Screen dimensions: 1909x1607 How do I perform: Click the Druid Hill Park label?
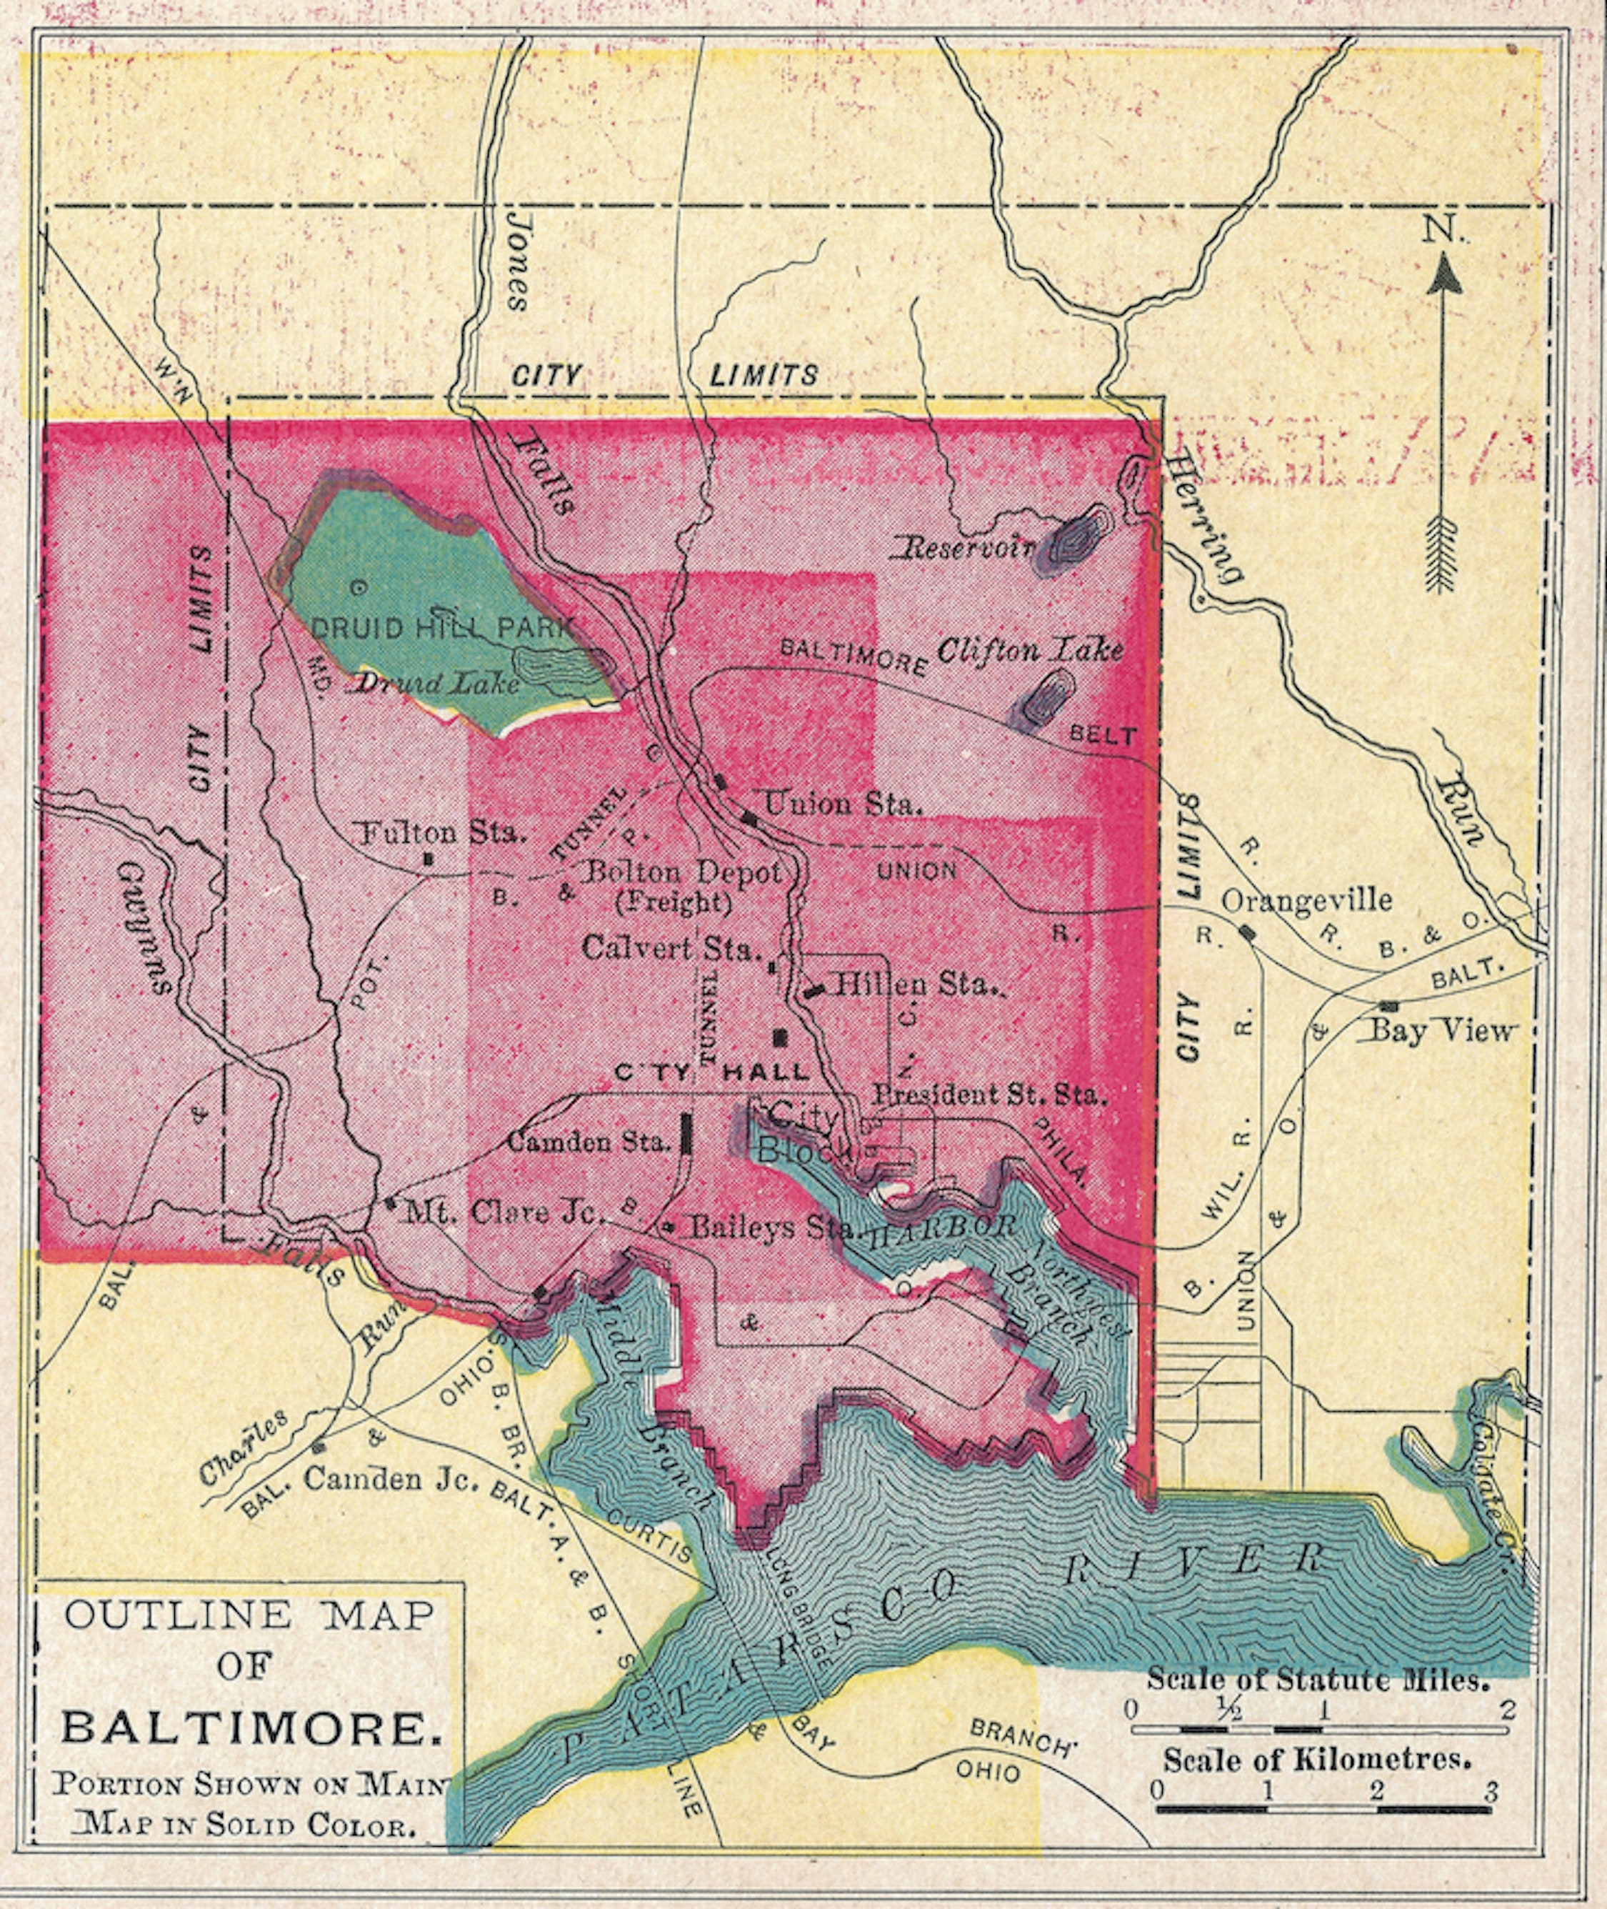tap(444, 628)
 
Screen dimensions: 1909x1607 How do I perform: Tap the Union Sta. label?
tap(843, 804)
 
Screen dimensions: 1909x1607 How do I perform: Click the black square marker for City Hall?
tap(780, 1037)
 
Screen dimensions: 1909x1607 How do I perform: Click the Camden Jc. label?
tap(390, 1478)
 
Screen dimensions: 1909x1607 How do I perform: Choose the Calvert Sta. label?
tap(671, 949)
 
